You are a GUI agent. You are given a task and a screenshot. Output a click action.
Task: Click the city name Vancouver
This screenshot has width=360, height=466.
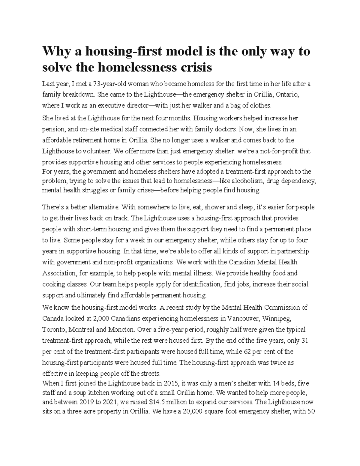(x=243, y=318)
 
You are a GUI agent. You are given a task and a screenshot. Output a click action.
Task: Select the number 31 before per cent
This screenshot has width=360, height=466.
(x=305, y=340)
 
